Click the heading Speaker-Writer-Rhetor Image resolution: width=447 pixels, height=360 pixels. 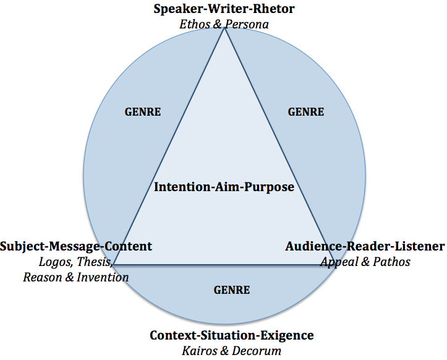[x=224, y=9]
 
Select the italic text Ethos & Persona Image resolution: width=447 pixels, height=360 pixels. [x=224, y=24]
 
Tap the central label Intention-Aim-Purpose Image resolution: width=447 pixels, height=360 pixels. [x=224, y=186]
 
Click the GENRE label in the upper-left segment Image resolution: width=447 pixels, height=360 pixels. [x=143, y=112]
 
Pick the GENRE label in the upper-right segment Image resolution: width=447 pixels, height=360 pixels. [x=306, y=112]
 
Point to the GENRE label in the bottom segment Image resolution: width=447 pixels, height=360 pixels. [x=232, y=289]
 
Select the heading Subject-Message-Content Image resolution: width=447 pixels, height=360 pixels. [x=76, y=246]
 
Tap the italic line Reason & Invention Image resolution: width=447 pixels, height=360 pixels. [x=76, y=277]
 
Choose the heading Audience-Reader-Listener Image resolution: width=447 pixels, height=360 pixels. [x=365, y=246]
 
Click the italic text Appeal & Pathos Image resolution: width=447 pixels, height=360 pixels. [x=365, y=262]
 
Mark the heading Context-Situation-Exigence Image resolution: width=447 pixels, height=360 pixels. [x=232, y=335]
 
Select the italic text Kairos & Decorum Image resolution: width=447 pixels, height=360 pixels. [x=232, y=351]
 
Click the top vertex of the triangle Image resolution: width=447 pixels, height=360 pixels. [x=224, y=28]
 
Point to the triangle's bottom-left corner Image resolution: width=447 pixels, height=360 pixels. [x=114, y=265]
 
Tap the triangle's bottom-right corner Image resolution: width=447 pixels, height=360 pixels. [x=334, y=265]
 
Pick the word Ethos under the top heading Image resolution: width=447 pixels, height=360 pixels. [x=194, y=24]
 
